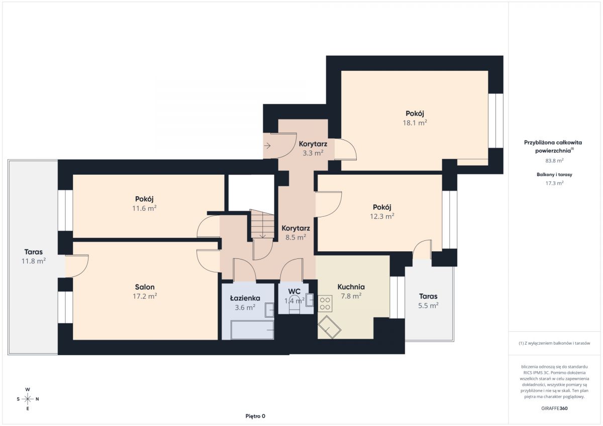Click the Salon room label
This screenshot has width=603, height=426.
click(x=145, y=287)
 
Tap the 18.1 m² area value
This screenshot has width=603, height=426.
click(x=415, y=123)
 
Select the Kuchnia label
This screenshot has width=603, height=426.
click(x=351, y=287)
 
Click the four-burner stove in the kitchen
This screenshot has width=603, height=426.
click(x=325, y=304)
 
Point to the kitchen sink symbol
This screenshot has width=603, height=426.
click(x=330, y=327)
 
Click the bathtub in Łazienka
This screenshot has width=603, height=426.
click(x=252, y=330)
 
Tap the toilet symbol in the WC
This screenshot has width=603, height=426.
click(x=294, y=306)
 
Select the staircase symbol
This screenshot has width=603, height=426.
click(x=262, y=224)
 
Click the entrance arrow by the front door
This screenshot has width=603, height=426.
click(x=267, y=146)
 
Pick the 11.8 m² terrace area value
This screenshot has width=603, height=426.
click(x=34, y=261)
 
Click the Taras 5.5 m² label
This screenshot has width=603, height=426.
click(x=428, y=301)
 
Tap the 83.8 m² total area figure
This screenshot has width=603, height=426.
click(x=555, y=161)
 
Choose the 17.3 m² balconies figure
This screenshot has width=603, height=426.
click(x=555, y=183)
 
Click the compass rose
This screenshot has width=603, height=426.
click(x=28, y=399)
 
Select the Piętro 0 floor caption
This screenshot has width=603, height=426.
click(x=255, y=416)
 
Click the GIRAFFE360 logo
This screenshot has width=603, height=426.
click(x=554, y=408)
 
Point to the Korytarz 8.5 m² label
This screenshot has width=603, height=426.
click(x=295, y=232)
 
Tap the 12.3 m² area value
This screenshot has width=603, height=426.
click(x=382, y=216)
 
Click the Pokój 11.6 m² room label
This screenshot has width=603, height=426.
click(x=145, y=203)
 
